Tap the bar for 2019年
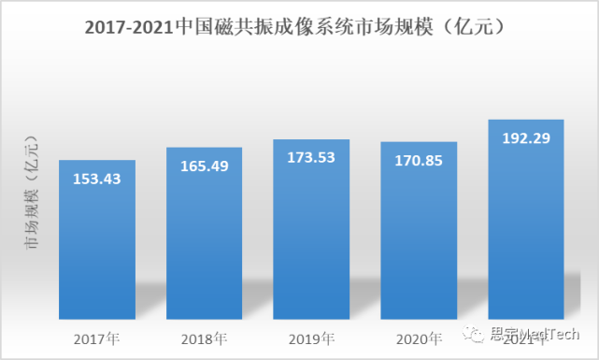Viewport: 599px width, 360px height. (311, 243)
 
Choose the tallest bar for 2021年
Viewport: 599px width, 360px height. (526, 234)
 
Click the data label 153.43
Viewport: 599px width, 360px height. (97, 179)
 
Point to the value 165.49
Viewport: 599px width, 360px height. (204, 166)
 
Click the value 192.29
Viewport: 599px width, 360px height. (526, 138)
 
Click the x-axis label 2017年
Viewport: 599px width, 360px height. (97, 337)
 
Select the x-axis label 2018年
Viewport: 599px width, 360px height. (204, 337)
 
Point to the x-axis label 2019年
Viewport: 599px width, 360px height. (311, 337)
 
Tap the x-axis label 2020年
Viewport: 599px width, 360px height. (419, 337)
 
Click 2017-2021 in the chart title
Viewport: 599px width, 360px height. (128, 29)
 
